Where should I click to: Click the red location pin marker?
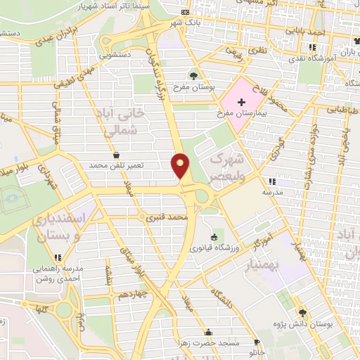tap(181, 165)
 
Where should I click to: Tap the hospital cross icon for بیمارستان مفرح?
tap(242, 103)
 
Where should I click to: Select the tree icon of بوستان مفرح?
tap(193, 75)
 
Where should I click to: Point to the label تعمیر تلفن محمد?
tap(116, 165)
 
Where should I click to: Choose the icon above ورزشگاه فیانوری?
tap(214, 237)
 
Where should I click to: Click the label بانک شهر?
tap(184, 23)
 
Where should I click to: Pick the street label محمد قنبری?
tap(165, 219)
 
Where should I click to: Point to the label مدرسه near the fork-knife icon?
tap(272, 191)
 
